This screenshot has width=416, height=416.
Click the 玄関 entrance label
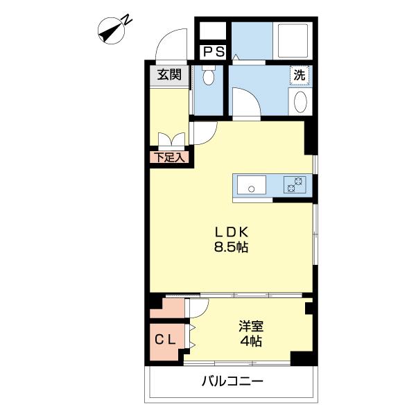(x=168, y=75)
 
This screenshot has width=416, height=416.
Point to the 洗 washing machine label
(x=298, y=76)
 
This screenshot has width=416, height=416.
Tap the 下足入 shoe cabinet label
(x=168, y=157)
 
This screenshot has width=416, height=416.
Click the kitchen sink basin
(x=251, y=186)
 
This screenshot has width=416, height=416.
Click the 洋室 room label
(x=252, y=326)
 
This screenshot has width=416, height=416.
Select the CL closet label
(x=167, y=340)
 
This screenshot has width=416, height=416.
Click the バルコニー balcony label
(x=232, y=381)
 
